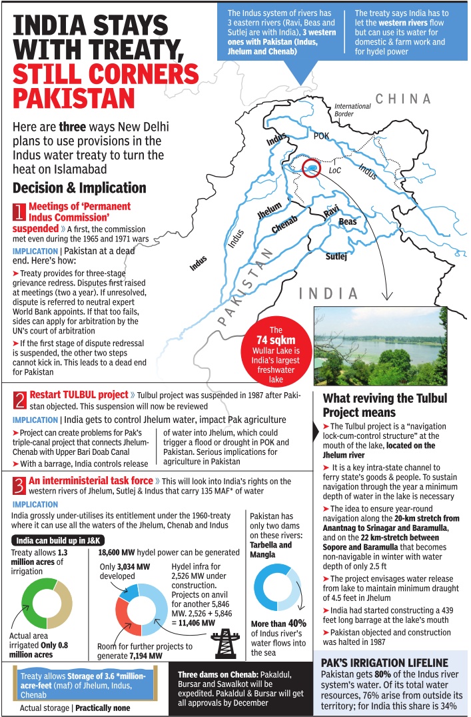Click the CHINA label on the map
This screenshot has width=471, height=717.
coord(403,99)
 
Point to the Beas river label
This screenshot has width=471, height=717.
coord(348,221)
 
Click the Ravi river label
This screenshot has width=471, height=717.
coord(331,212)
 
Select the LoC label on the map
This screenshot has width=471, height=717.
coord(334,171)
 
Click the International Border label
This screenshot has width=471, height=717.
coord(352,109)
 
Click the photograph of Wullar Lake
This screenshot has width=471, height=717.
coord(380,346)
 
